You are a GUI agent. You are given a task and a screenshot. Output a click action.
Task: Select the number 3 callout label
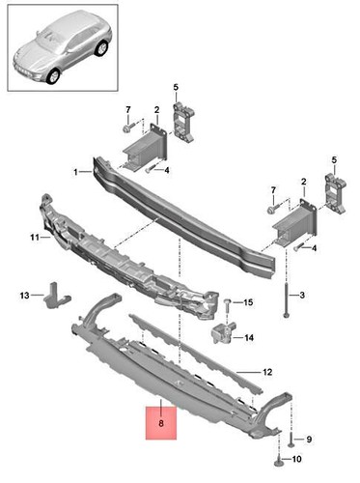tap(301, 295)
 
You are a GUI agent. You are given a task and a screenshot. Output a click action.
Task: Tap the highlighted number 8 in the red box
tap(160, 422)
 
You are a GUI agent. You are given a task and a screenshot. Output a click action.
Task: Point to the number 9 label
tap(297, 439)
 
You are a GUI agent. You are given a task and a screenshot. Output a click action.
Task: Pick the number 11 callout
tap(31, 237)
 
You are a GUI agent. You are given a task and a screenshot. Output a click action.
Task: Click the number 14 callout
tap(249, 338)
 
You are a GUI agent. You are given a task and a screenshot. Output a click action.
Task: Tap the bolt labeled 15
tap(228, 306)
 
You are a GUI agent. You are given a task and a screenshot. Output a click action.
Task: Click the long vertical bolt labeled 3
tap(288, 290)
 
